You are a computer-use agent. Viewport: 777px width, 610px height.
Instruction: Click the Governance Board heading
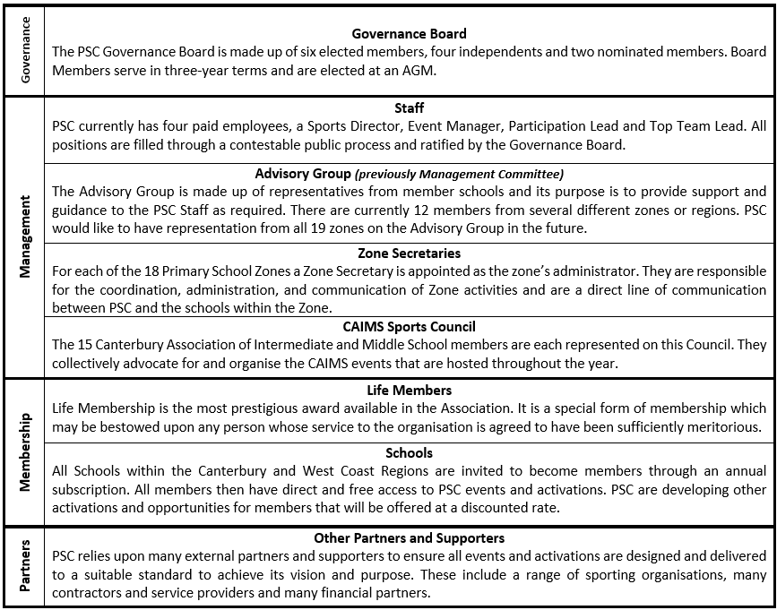[x=409, y=34]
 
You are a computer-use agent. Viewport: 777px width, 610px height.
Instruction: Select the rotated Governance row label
[x=25, y=49]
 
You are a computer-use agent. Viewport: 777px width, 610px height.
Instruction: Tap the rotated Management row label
[x=25, y=236]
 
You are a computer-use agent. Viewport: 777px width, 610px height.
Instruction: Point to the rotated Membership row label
[x=25, y=451]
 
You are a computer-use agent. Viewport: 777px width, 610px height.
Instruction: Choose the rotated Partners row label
[x=25, y=566]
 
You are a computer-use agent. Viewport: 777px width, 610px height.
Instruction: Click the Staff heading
[x=409, y=108]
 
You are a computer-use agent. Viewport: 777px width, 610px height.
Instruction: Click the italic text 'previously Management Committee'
[x=459, y=174]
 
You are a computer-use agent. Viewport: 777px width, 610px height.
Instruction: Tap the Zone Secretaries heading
[x=409, y=253]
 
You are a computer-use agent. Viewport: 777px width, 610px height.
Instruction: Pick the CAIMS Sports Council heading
[x=409, y=327]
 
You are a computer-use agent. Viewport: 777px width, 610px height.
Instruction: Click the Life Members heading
[x=409, y=391]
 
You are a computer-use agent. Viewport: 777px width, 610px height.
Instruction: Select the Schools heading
[x=409, y=453]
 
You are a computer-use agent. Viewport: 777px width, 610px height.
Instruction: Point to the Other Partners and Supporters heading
[x=409, y=538]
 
